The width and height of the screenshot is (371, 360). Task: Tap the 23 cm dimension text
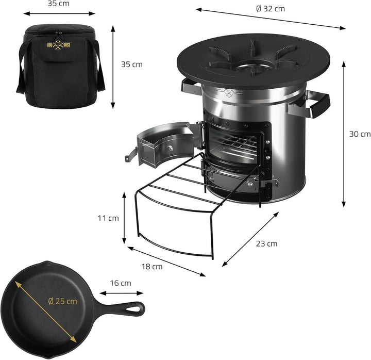pos(266,243)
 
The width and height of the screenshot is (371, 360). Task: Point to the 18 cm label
pos(151,267)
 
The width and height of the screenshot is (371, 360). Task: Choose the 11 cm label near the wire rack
pos(108,218)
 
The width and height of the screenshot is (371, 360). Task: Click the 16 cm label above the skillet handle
pos(120,283)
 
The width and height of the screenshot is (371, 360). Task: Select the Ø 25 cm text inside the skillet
pos(62,301)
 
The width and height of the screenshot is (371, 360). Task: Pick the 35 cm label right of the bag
pos(131,64)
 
